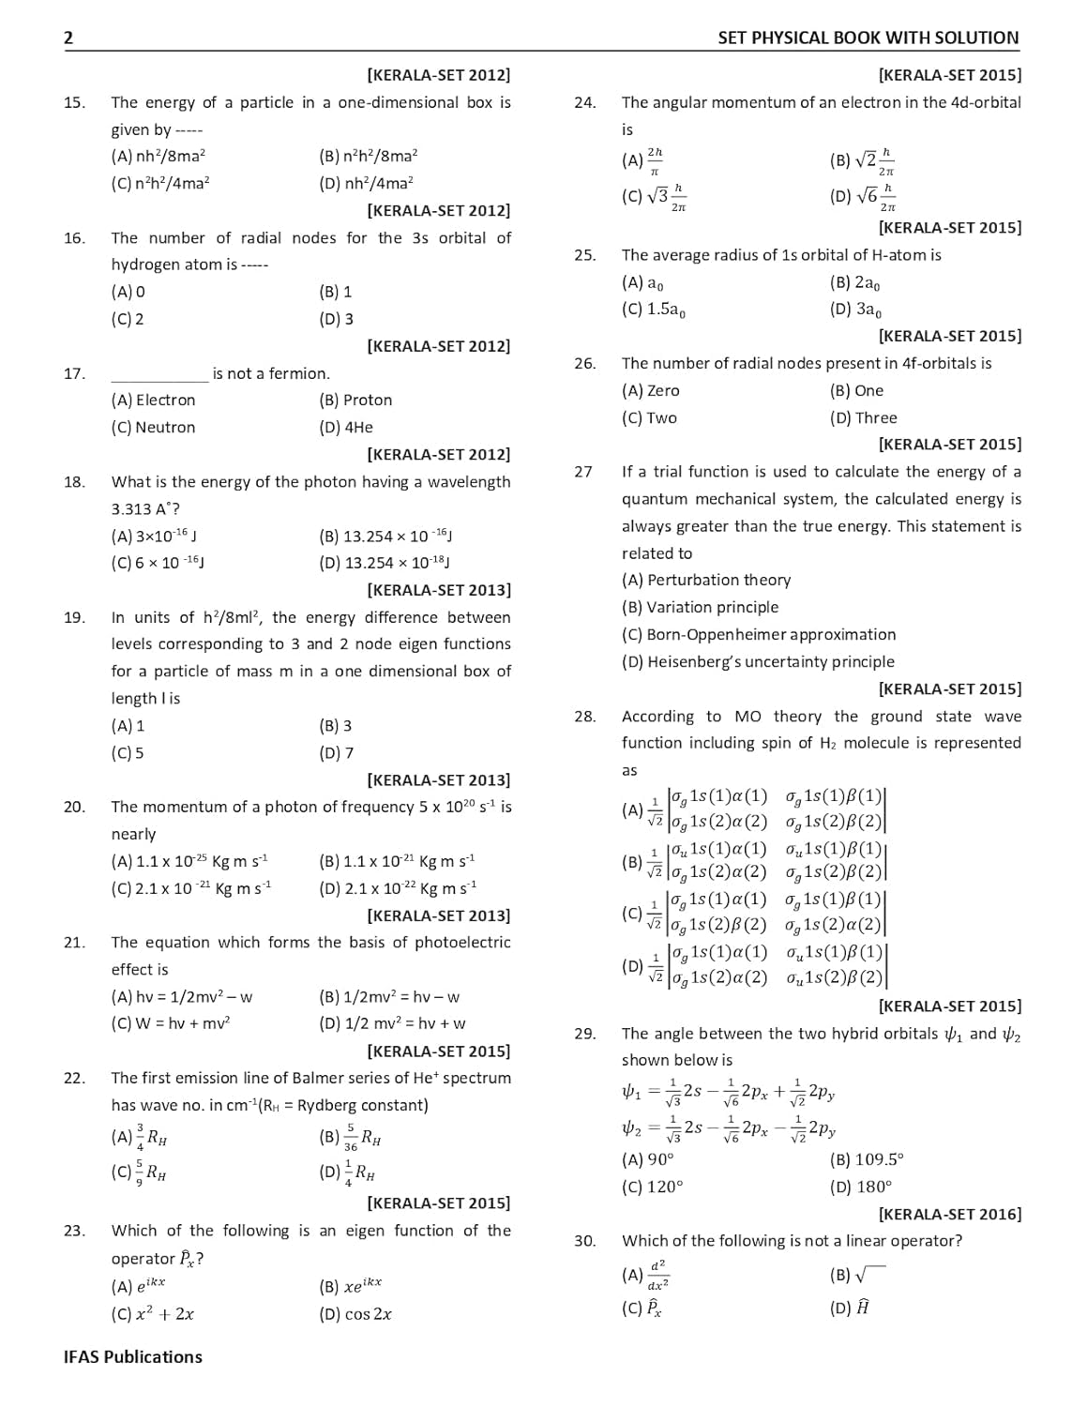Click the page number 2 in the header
point(68,38)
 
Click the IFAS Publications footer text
point(132,1356)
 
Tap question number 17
point(74,373)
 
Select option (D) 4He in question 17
point(345,427)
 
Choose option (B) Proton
point(355,400)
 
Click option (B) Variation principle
point(700,607)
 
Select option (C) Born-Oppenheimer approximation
point(758,634)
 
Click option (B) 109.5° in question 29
point(866,1159)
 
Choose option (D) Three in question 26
point(863,417)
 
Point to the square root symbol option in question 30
point(857,1275)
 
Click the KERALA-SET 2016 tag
point(949,1214)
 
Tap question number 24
point(584,102)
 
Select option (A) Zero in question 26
point(650,390)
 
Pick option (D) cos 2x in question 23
point(355,1314)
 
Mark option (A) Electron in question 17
point(153,400)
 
